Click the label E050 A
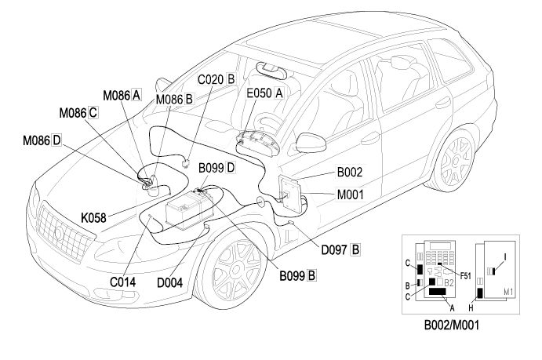click(x=264, y=92)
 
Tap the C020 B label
click(x=216, y=79)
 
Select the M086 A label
click(x=122, y=95)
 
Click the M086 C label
click(x=77, y=112)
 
